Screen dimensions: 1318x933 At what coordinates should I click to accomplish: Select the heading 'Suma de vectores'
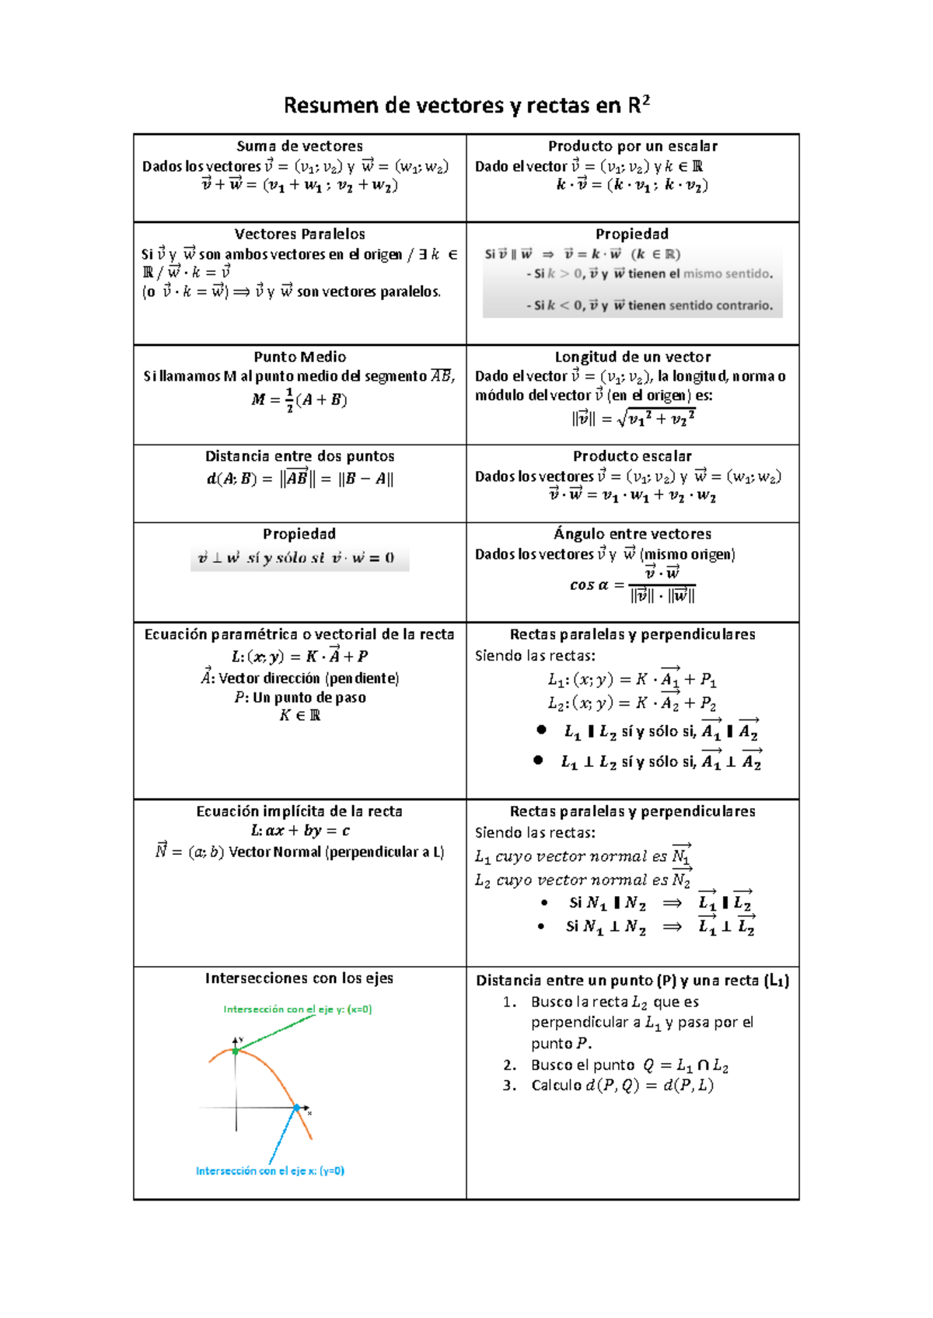pyautogui.click(x=299, y=146)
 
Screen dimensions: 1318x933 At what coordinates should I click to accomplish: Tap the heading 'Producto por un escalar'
pyautogui.click(x=632, y=146)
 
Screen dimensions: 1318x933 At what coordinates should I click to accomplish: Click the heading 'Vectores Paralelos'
pyautogui.click(x=299, y=234)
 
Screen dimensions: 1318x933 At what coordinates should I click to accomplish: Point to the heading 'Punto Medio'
pyautogui.click(x=299, y=357)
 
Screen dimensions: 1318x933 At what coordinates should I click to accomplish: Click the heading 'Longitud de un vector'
pyautogui.click(x=632, y=357)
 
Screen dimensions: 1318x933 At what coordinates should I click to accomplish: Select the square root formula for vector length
pyautogui.click(x=633, y=419)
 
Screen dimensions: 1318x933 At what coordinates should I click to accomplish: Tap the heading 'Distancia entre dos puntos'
pyautogui.click(x=299, y=456)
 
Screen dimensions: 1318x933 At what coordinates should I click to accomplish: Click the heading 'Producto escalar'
pyautogui.click(x=632, y=456)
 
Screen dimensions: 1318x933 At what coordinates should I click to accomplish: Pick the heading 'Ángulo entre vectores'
pyautogui.click(x=632, y=534)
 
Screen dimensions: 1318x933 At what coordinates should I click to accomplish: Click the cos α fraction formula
pyautogui.click(x=633, y=585)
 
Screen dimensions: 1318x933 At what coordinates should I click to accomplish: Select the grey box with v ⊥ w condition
pyautogui.click(x=299, y=558)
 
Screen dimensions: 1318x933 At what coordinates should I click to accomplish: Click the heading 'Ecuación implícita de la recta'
pyautogui.click(x=299, y=811)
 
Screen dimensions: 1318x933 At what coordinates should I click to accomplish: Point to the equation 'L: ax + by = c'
pyautogui.click(x=299, y=831)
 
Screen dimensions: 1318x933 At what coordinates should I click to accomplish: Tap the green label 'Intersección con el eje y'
pyautogui.click(x=298, y=1009)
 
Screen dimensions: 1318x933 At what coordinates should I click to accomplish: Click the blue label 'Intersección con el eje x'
pyautogui.click(x=270, y=1171)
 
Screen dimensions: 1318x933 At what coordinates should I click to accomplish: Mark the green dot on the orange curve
pyautogui.click(x=236, y=1051)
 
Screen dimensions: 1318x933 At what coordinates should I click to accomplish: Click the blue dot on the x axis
pyautogui.click(x=296, y=1107)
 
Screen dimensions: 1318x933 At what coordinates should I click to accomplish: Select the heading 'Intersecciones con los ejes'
pyautogui.click(x=299, y=978)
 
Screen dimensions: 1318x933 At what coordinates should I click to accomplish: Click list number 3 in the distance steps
pyautogui.click(x=509, y=1086)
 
